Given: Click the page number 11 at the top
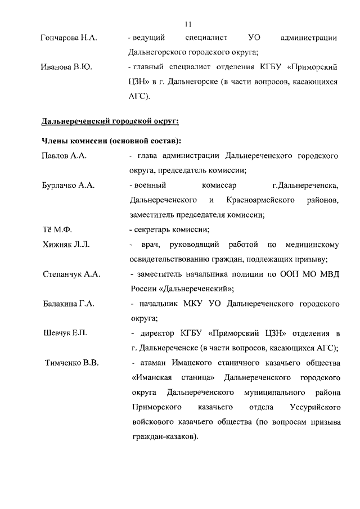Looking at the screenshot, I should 188,24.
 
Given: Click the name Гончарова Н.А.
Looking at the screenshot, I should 69,38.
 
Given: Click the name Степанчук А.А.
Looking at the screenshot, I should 71,274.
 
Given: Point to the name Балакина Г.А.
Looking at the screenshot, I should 69,304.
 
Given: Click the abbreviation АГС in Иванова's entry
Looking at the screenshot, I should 138,97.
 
